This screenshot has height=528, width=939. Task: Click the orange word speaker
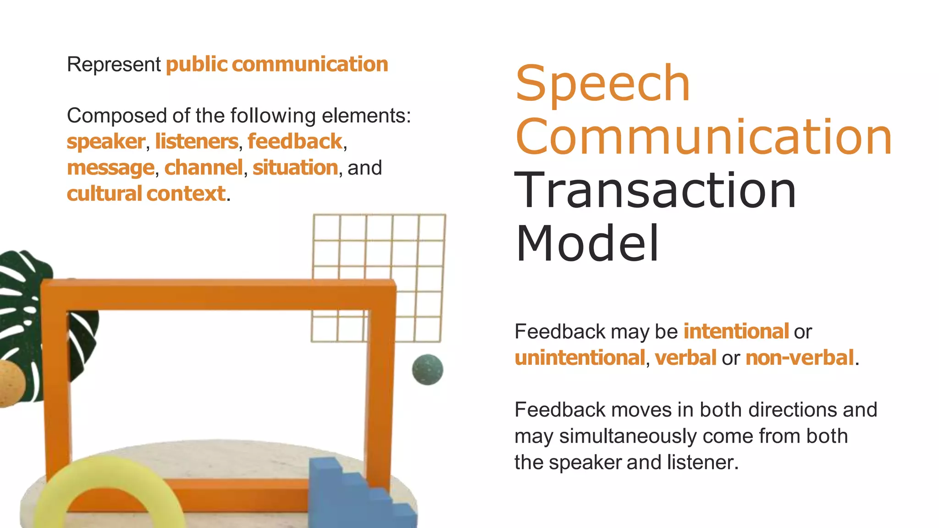tap(106, 142)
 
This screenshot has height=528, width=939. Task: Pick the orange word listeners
tap(197, 142)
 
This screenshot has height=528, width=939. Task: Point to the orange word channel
tap(203, 168)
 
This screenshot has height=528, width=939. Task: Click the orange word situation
tap(295, 168)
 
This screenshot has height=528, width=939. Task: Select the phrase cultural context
tap(146, 194)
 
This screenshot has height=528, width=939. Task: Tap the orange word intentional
tap(736, 331)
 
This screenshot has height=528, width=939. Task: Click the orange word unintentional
tap(580, 357)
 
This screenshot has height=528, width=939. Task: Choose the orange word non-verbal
tap(800, 357)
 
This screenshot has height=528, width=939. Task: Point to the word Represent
tap(114, 65)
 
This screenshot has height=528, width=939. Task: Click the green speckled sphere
tap(427, 369)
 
